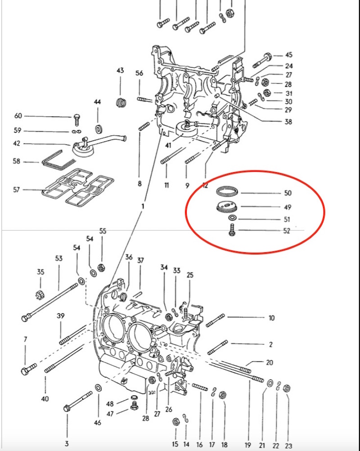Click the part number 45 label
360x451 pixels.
pyautogui.click(x=288, y=55)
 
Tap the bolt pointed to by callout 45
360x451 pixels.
pyautogui.click(x=263, y=59)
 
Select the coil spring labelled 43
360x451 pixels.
pyautogui.click(x=120, y=102)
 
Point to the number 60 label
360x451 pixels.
pyautogui.click(x=18, y=116)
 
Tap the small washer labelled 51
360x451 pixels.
pyautogui.click(x=232, y=219)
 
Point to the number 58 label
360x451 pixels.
pyautogui.click(x=17, y=161)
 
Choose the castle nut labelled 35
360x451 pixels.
pyautogui.click(x=40, y=295)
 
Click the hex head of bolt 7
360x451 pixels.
pyautogui.click(x=25, y=371)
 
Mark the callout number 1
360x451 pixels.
pyautogui.click(x=142, y=206)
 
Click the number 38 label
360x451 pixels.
pyautogui.click(x=288, y=121)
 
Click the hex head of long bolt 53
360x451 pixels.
pyautogui.click(x=25, y=318)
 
